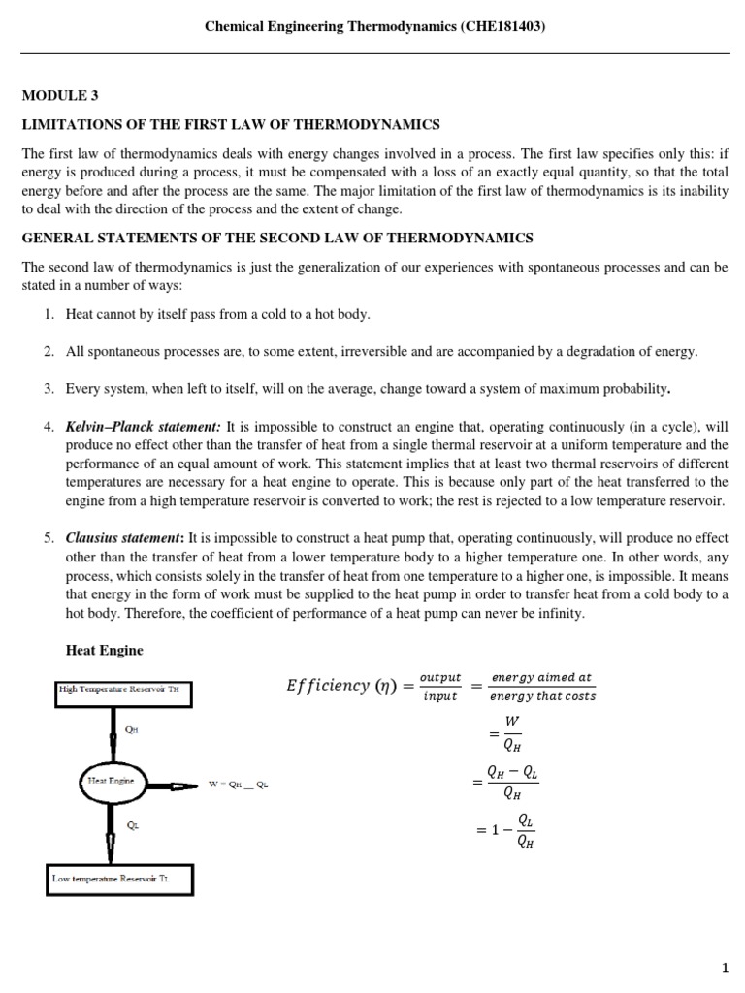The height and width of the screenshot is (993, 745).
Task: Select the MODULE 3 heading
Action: tap(60, 95)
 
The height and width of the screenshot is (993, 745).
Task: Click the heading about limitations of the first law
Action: tap(232, 124)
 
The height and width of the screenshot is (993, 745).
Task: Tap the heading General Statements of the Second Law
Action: tap(277, 238)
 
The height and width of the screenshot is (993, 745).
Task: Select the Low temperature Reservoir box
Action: tap(121, 879)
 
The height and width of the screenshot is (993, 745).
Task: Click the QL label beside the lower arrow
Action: tap(133, 824)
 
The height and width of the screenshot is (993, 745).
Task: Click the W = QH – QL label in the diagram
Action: tap(237, 785)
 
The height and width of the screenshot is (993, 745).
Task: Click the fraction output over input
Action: tap(439, 687)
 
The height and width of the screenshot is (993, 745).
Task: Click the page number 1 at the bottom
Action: tap(724, 968)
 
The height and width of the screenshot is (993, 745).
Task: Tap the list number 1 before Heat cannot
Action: tap(48, 315)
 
